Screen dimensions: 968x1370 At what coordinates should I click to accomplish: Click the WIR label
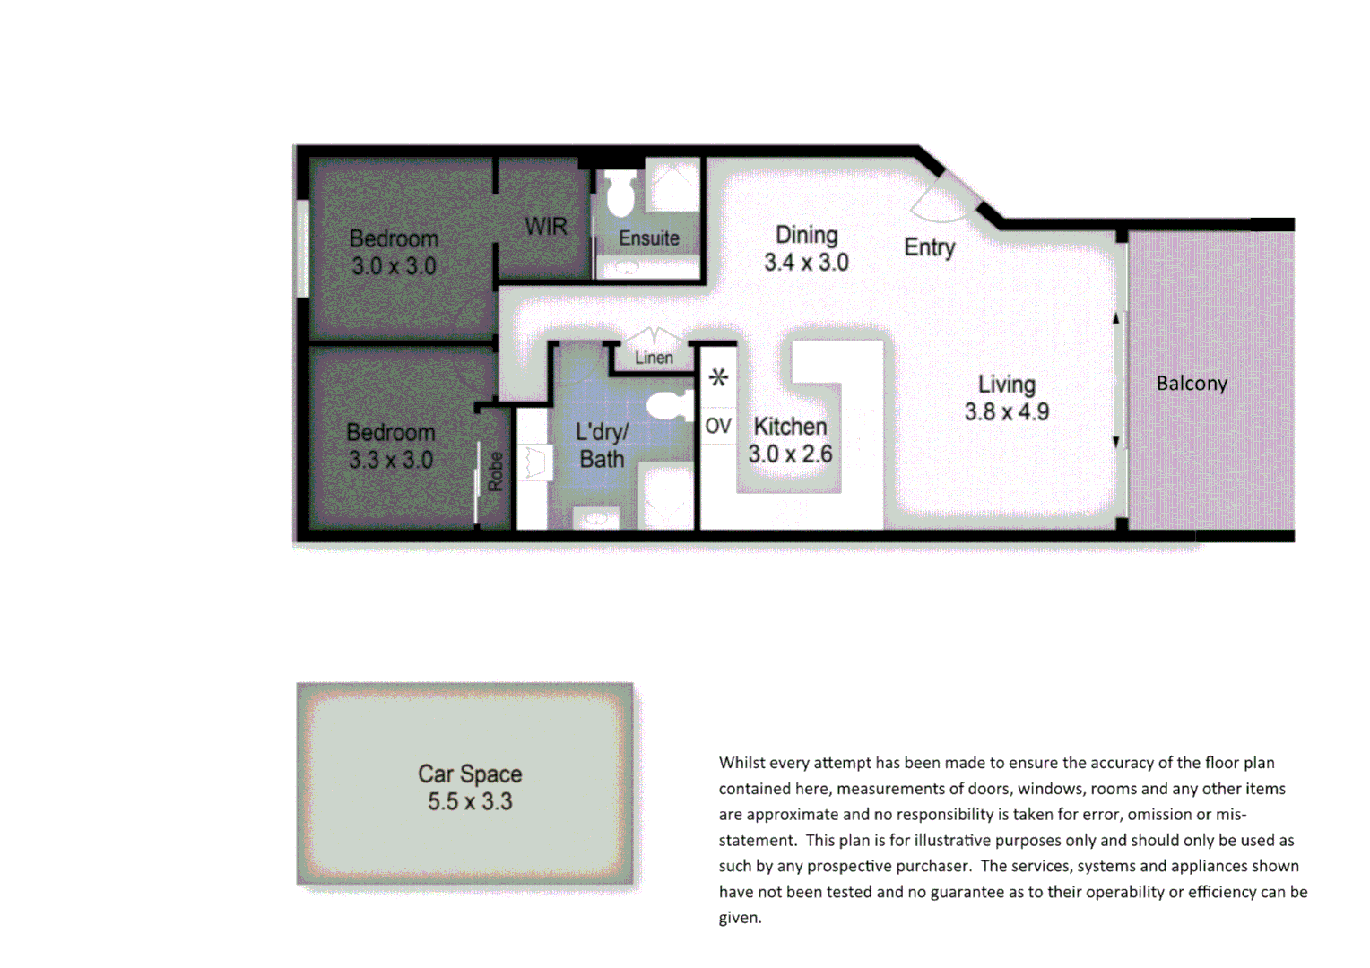[546, 227]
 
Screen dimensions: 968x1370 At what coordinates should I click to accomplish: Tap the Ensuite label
[649, 238]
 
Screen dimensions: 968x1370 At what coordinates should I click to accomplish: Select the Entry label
[929, 247]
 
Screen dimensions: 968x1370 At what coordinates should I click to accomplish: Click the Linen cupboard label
[654, 358]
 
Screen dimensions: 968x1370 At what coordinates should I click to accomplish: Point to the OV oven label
[718, 426]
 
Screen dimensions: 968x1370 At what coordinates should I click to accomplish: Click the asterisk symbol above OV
[718, 378]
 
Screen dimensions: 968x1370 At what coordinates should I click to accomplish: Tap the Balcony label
[1192, 384]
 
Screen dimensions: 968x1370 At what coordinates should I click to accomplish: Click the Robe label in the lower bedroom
[496, 471]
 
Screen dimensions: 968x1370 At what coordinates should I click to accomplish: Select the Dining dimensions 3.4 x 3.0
[806, 263]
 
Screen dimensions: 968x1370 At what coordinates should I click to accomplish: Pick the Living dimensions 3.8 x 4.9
[1006, 412]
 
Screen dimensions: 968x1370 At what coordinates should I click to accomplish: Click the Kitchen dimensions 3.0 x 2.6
[790, 454]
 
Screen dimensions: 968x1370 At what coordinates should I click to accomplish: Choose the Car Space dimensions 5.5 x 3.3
[470, 801]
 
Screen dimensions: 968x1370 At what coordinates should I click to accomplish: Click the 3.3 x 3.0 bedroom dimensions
[391, 461]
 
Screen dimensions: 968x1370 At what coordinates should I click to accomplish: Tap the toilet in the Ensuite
[621, 194]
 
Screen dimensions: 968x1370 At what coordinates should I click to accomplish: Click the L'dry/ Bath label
[602, 445]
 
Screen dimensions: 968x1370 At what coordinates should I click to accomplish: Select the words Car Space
[470, 774]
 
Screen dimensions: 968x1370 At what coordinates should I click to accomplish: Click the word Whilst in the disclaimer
[741, 763]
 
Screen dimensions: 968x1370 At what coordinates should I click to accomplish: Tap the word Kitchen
[790, 427]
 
